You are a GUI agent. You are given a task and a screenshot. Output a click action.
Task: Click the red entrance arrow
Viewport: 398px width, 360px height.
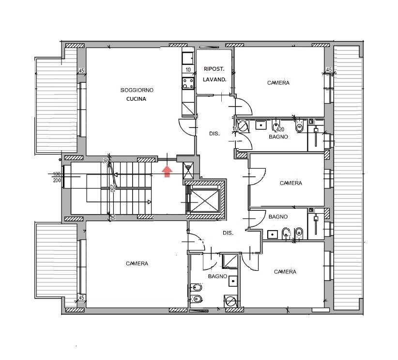click(x=167, y=171)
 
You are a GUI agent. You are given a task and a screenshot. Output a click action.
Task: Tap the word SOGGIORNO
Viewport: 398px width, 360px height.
click(x=137, y=90)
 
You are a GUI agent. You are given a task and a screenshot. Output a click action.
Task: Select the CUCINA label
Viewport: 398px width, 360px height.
click(x=137, y=99)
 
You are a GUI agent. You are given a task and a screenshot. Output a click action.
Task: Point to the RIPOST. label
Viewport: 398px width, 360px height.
click(x=214, y=69)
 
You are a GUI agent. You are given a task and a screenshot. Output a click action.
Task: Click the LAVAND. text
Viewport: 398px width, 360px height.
click(x=214, y=79)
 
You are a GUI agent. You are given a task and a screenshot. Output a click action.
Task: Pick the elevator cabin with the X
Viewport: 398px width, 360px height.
click(x=205, y=201)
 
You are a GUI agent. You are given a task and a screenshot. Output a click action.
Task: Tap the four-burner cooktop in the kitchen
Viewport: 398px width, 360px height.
click(x=188, y=83)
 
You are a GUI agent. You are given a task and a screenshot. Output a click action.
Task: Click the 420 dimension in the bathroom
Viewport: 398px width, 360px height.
click(x=280, y=129)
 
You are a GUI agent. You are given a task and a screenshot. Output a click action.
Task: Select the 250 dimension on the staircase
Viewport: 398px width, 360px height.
click(x=112, y=188)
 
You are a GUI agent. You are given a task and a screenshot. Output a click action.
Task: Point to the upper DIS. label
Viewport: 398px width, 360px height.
click(x=214, y=134)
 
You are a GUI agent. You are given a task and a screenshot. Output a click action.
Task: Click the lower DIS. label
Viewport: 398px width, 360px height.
click(x=228, y=233)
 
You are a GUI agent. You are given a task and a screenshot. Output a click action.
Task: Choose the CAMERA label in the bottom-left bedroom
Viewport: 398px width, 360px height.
click(x=137, y=264)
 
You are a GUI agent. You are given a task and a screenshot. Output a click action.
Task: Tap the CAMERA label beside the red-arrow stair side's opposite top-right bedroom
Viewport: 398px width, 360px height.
click(x=278, y=83)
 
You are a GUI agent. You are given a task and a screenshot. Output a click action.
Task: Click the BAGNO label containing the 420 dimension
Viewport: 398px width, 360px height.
click(x=278, y=137)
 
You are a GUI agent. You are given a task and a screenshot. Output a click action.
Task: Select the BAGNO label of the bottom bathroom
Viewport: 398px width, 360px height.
click(x=217, y=276)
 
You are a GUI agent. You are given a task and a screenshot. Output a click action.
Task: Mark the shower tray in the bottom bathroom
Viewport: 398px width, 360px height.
click(x=230, y=261)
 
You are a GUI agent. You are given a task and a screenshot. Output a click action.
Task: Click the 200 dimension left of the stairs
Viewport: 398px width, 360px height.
click(x=57, y=180)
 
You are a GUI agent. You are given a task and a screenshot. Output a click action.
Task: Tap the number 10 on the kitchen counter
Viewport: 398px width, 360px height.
click(x=188, y=70)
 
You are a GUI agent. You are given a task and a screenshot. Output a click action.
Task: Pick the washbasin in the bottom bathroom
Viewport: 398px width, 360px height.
click(x=233, y=281)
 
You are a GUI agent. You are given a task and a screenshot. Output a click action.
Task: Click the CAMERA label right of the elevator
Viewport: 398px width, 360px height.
click(x=291, y=183)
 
